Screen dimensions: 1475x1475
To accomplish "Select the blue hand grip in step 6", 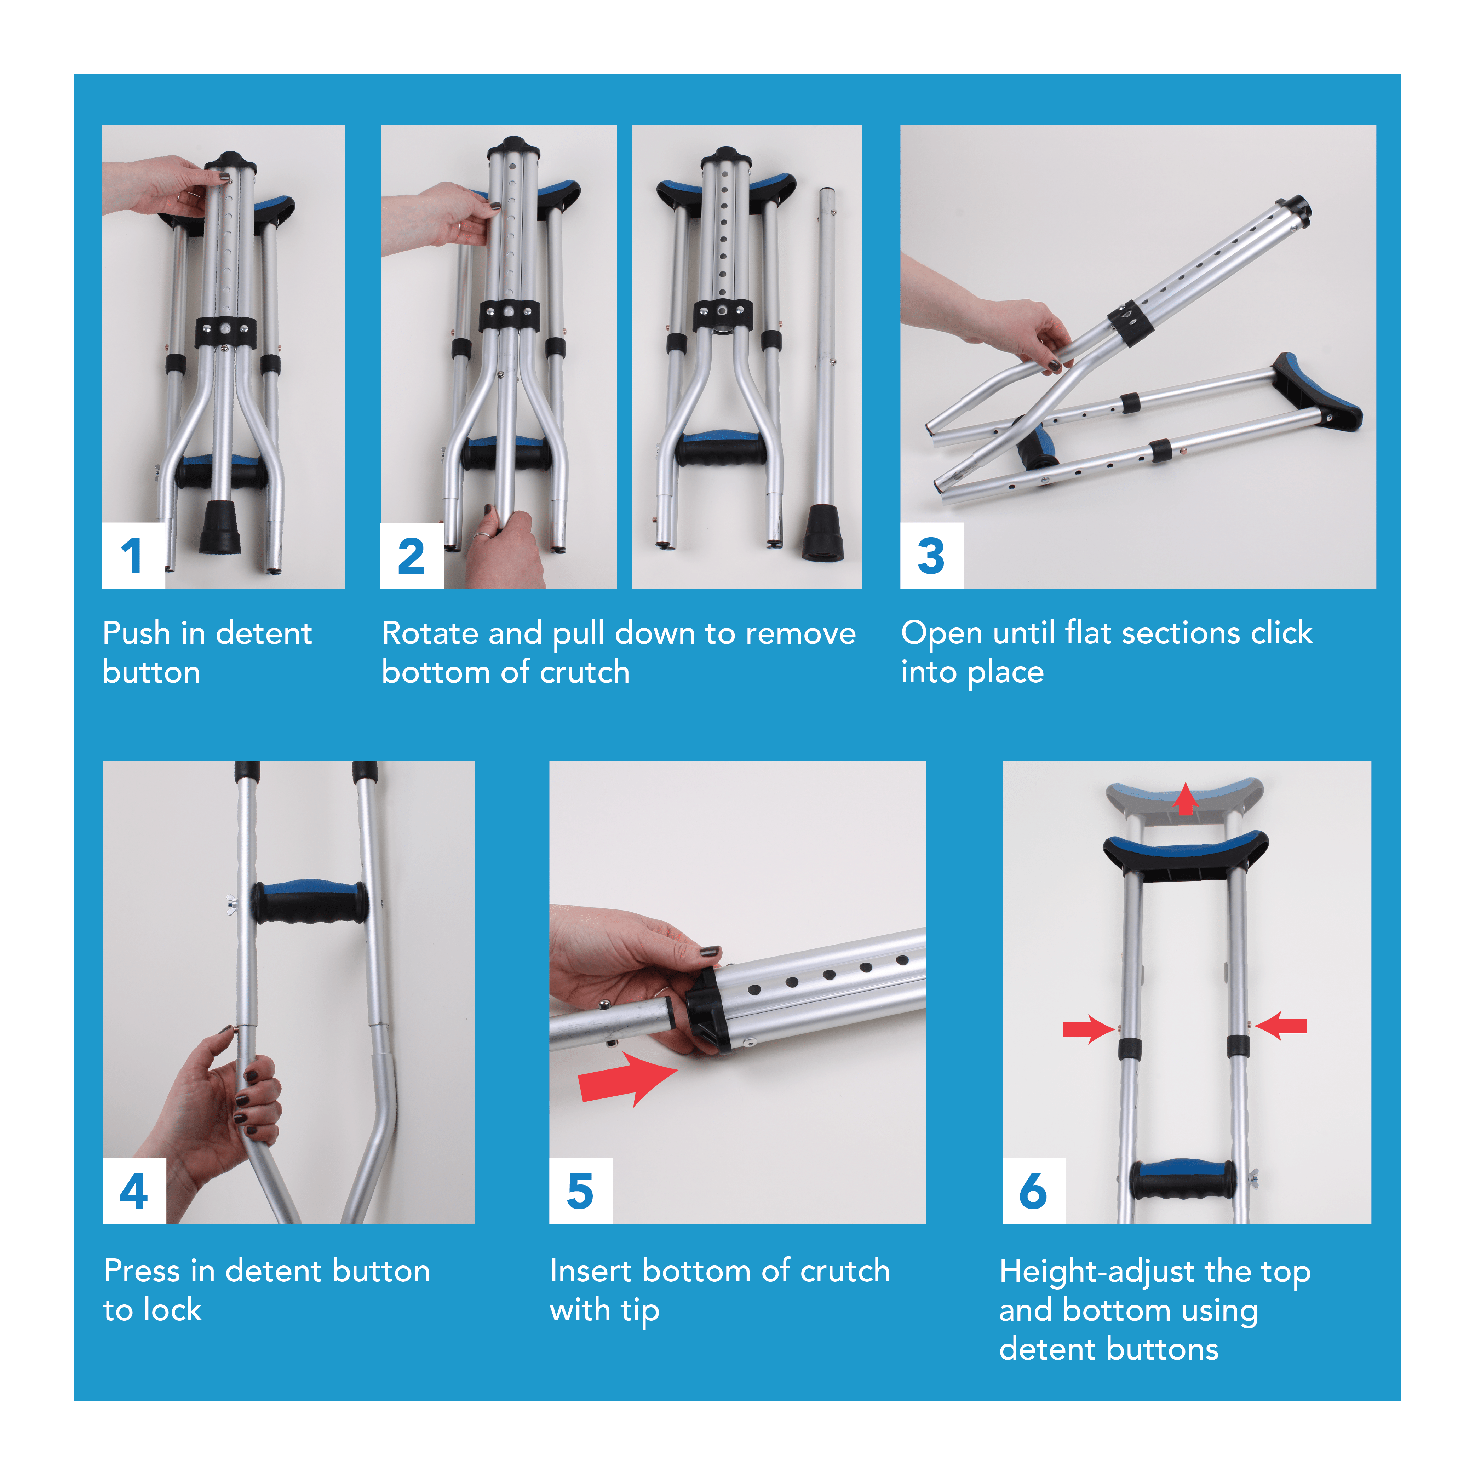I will pyautogui.click(x=1182, y=1180).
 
